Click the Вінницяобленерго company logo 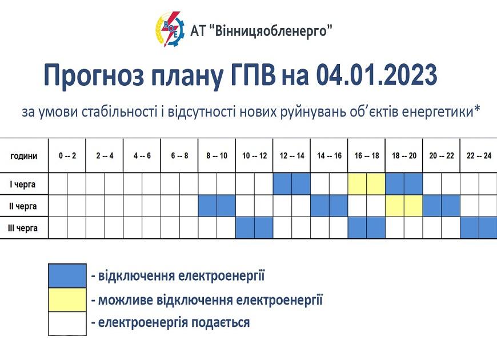pos(170,29)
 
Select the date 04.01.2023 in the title pos(377,74)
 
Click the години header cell pos(24,156)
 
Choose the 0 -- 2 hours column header pos(67,156)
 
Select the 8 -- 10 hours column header pos(217,156)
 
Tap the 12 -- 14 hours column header pos(291,156)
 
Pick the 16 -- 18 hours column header pos(366,156)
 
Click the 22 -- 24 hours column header pos(479,156)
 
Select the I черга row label pos(22,184)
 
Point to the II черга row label pos(22,206)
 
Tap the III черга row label pos(22,228)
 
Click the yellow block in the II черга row pos(404,206)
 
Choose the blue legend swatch pos(67,276)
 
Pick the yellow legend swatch pos(67,300)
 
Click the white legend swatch pos(67,323)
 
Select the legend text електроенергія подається pos(174,323)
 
